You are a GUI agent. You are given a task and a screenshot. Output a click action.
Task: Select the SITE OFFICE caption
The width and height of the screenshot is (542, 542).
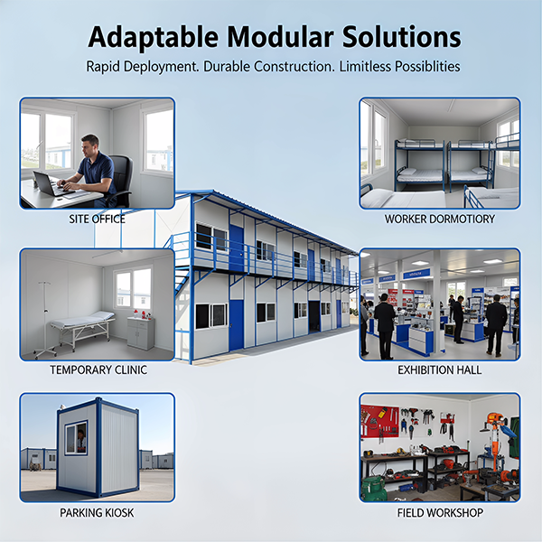(97, 219)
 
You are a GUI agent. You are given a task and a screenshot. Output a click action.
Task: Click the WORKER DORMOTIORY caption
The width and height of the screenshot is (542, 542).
(440, 219)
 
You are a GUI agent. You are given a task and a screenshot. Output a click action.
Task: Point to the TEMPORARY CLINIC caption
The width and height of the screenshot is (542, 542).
(97, 369)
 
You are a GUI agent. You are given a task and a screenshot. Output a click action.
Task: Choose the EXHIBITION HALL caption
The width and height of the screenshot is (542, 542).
(440, 369)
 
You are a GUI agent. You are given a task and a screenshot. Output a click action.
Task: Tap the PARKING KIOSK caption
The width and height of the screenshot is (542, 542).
(97, 513)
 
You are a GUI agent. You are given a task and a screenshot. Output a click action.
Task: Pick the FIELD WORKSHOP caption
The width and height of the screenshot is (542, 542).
(440, 513)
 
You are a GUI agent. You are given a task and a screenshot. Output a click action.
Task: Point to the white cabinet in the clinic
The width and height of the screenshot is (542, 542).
(140, 332)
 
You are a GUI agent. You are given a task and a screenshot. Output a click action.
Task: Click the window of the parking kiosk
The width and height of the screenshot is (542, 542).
(77, 437)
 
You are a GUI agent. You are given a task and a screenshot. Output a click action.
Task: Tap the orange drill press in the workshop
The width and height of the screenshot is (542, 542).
(493, 443)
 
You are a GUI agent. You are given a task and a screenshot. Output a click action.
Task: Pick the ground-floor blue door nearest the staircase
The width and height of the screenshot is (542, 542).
(237, 324)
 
